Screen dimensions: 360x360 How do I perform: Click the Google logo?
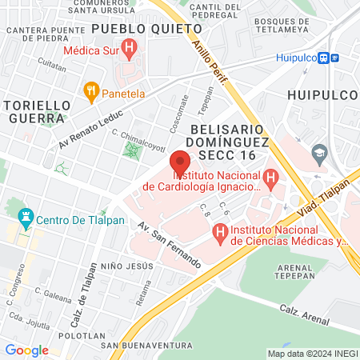26,350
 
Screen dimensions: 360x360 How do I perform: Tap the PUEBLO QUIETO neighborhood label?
146,29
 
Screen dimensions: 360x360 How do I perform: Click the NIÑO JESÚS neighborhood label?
127,265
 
